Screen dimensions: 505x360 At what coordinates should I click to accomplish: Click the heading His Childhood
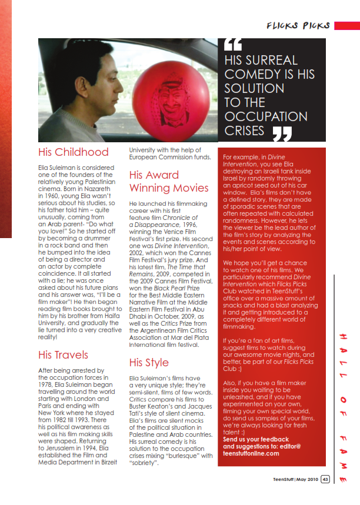[73, 152]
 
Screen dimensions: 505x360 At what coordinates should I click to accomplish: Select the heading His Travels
[63, 354]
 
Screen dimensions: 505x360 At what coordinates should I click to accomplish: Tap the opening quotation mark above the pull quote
[233, 45]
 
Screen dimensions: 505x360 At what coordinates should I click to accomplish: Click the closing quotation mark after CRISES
[282, 133]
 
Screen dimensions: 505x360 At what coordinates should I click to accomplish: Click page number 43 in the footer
[325, 479]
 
